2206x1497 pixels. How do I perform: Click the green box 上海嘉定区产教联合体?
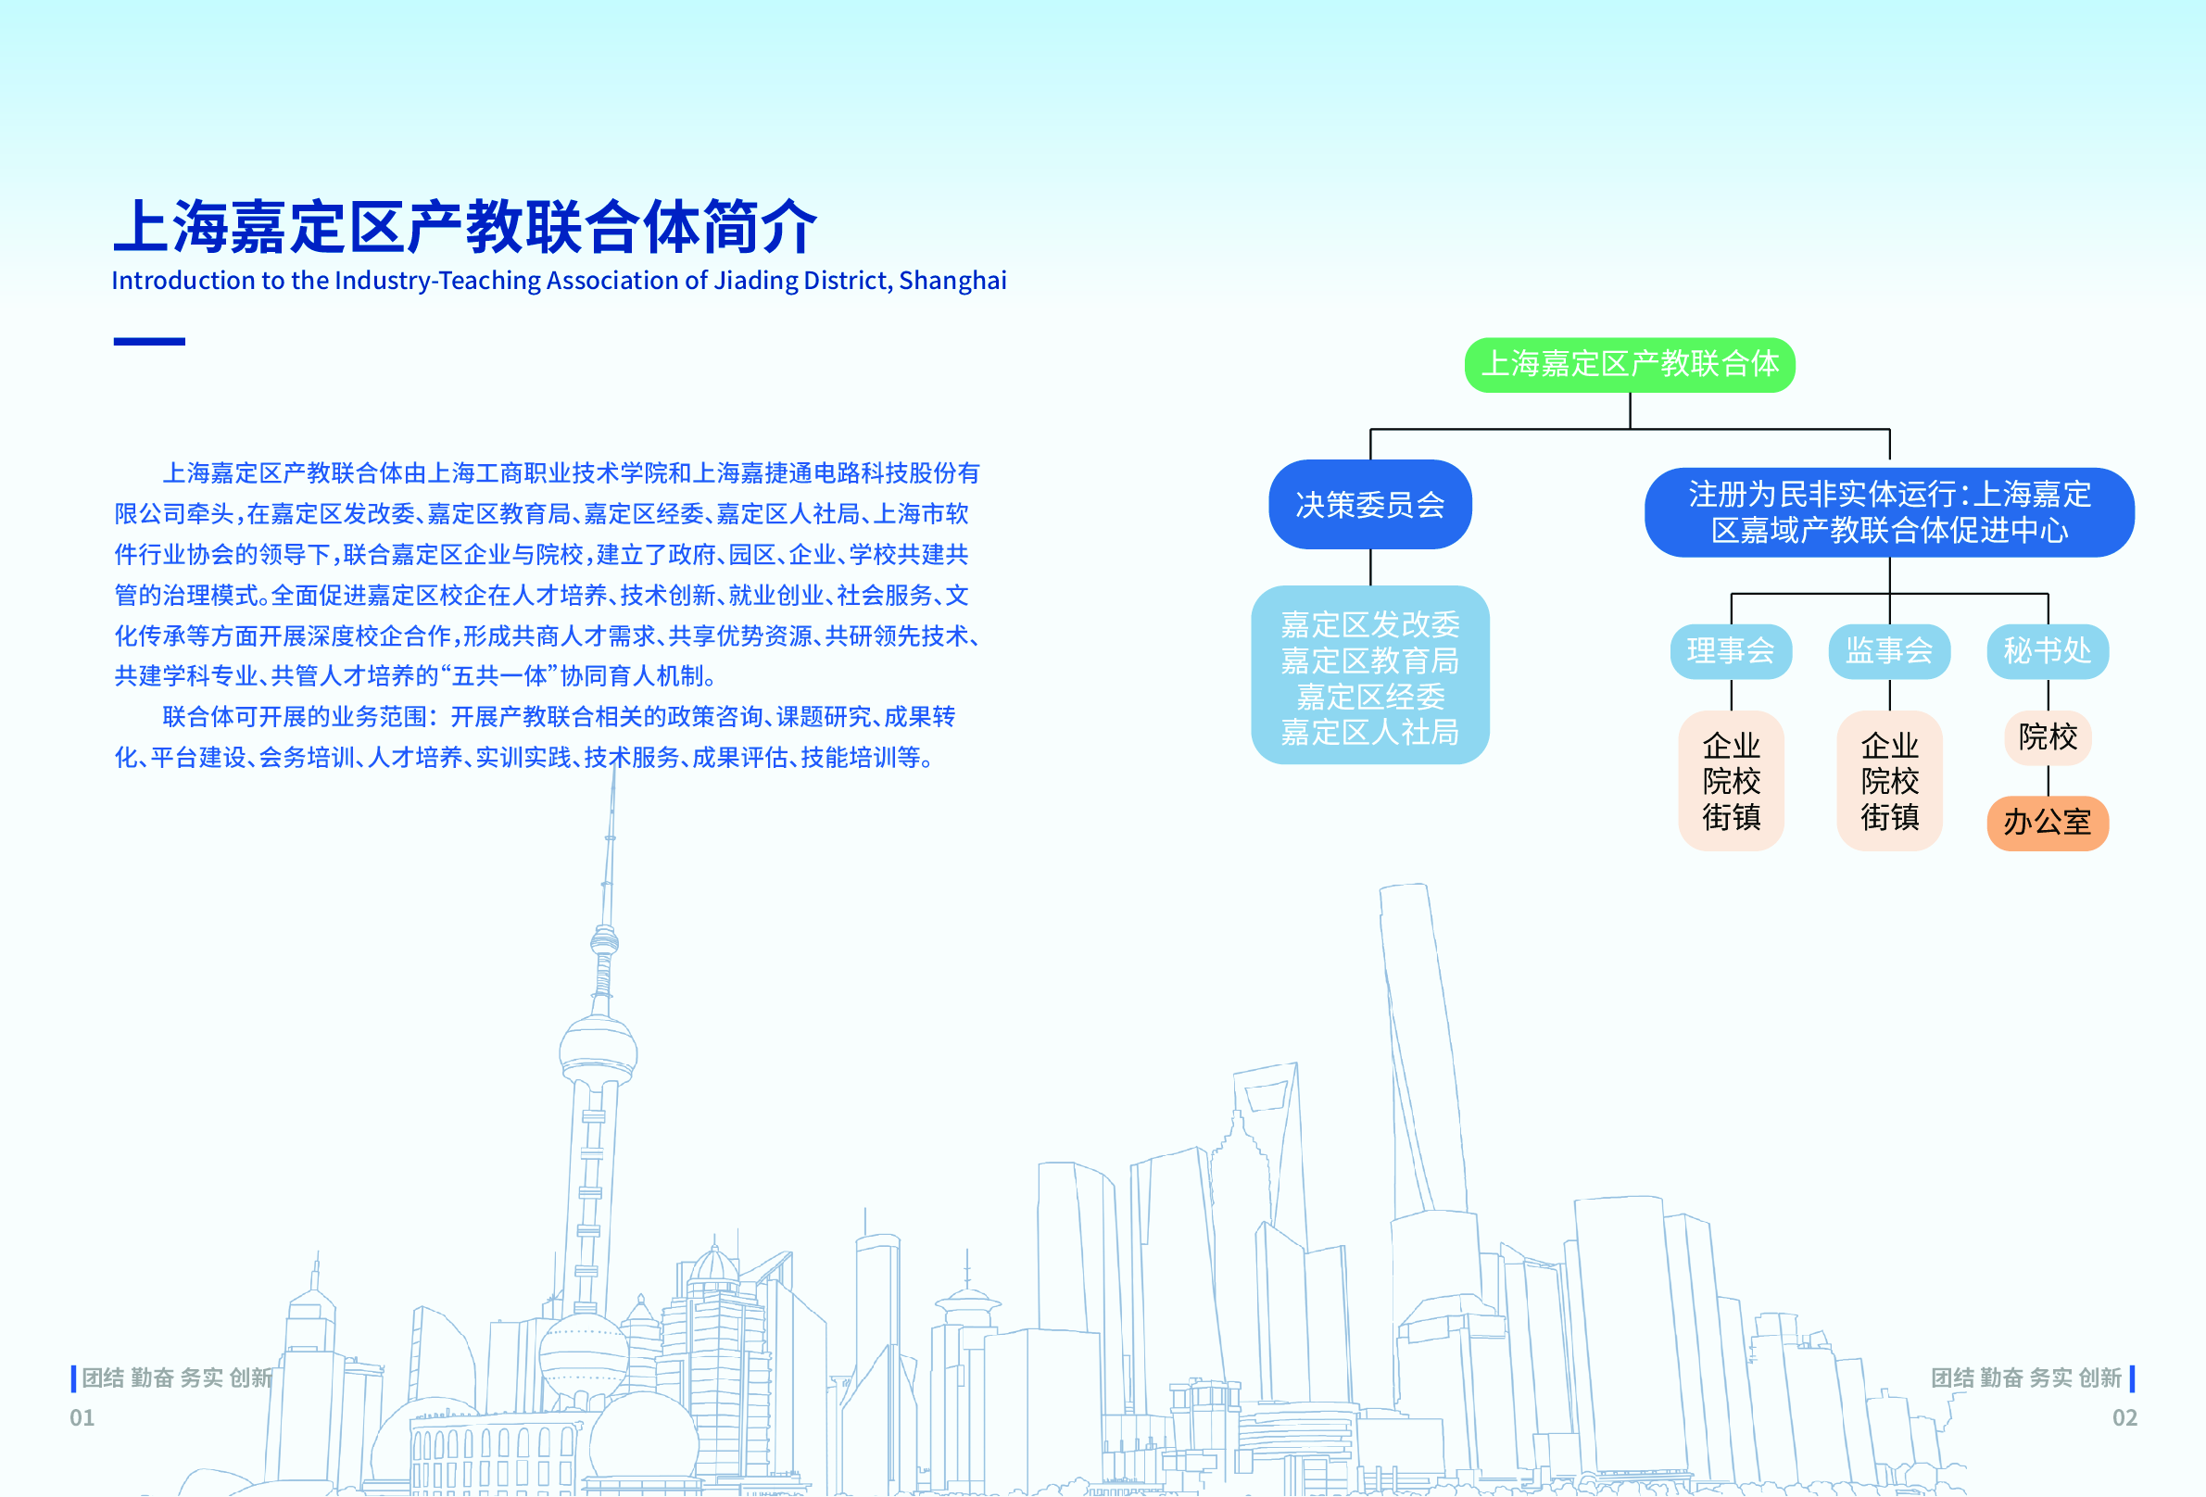(1630, 364)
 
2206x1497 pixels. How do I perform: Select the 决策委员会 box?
(1369, 504)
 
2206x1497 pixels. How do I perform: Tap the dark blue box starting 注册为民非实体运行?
(1889, 512)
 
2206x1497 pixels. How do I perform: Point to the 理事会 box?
(1732, 651)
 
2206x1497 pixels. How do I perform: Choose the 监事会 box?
(1889, 651)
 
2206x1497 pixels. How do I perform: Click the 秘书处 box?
(2048, 651)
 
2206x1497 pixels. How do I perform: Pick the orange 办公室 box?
(2048, 823)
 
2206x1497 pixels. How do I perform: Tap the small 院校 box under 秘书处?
(2048, 737)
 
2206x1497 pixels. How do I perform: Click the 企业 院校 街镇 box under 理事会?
(1732, 780)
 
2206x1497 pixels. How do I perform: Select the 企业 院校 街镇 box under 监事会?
(1889, 780)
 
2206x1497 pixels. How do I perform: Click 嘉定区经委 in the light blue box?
(1369, 697)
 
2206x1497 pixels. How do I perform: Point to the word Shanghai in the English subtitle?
(952, 281)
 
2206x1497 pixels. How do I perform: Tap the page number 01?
(82, 1417)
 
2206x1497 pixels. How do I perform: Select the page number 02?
(2124, 1417)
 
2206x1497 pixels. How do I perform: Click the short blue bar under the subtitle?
(149, 341)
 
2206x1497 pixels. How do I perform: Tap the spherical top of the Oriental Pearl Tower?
(598, 1049)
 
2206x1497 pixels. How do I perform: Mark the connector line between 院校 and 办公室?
(2048, 780)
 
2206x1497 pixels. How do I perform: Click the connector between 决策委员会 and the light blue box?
(1369, 567)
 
